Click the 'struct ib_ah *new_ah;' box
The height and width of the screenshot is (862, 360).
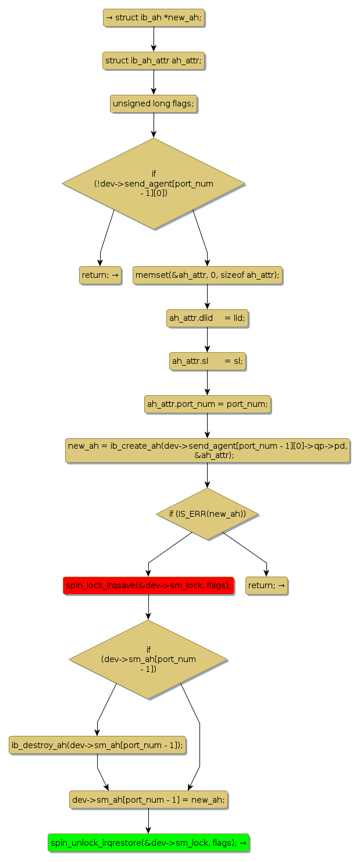(x=154, y=17)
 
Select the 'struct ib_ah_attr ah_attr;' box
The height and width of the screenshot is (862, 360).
(x=154, y=60)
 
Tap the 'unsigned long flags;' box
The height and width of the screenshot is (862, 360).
(x=154, y=103)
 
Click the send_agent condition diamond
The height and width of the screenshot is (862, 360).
(x=154, y=184)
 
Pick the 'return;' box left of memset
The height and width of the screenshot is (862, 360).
(x=100, y=275)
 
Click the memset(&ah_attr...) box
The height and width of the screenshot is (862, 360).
(x=208, y=275)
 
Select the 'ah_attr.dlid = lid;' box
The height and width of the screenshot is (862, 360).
(x=208, y=318)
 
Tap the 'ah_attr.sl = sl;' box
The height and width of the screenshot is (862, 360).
(x=208, y=361)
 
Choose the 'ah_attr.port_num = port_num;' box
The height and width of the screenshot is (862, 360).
(x=208, y=404)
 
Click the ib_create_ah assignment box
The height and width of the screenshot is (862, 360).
(x=208, y=450)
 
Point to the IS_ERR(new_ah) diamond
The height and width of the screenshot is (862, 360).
(x=208, y=514)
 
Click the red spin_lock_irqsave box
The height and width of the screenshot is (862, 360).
(x=148, y=585)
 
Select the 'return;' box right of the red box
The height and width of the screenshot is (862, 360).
(x=266, y=585)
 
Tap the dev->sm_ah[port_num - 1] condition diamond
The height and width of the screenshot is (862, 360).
(x=148, y=659)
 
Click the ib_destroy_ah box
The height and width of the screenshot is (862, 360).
(x=97, y=745)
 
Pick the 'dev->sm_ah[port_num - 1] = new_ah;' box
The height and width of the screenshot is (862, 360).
(x=148, y=800)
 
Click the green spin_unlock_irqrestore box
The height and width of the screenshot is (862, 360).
(x=148, y=842)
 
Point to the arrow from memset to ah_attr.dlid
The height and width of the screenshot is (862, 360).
(x=208, y=296)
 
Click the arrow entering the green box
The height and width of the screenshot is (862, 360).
(x=148, y=821)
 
